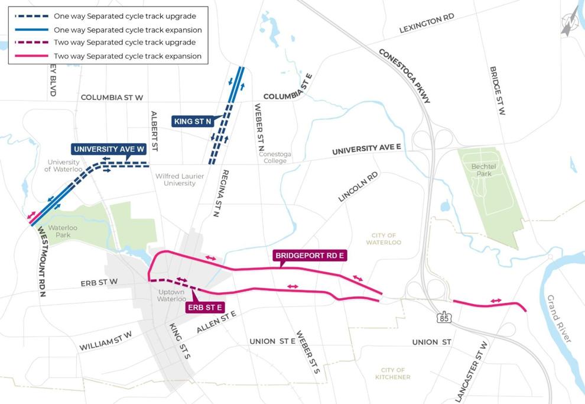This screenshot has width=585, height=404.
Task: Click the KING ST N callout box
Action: pyautogui.click(x=193, y=121)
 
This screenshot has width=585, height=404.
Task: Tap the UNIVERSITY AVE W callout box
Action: pyautogui.click(x=109, y=149)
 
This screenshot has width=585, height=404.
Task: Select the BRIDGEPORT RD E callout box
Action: pyautogui.click(x=309, y=256)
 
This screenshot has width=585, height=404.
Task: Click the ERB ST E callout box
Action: pyautogui.click(x=204, y=308)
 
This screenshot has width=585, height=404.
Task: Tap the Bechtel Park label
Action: pyautogui.click(x=482, y=170)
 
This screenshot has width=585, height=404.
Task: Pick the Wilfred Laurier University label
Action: pyautogui.click(x=184, y=180)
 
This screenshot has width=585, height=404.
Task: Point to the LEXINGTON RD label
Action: pyautogui.click(x=427, y=23)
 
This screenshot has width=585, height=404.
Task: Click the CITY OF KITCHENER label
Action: pyautogui.click(x=392, y=373)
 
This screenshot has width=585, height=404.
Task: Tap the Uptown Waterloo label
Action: pyautogui.click(x=172, y=296)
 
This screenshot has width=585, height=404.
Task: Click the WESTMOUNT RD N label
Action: pyautogui.click(x=41, y=260)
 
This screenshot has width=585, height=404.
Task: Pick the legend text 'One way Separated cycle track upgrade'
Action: pyautogui.click(x=124, y=16)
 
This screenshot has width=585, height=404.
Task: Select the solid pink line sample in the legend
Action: pyautogui.click(x=30, y=56)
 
